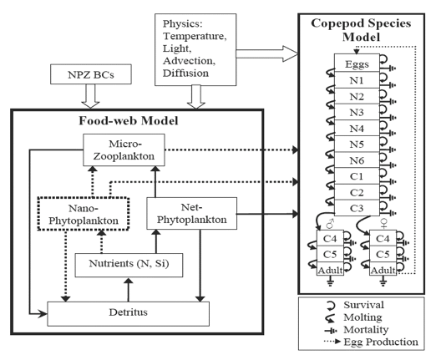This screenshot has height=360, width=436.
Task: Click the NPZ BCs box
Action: point(91,74)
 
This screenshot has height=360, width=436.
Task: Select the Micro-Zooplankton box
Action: point(124,150)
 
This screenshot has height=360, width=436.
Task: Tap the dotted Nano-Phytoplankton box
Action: point(84,214)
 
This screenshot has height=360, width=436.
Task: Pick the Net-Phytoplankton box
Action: point(192,213)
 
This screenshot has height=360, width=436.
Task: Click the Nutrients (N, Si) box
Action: point(129,265)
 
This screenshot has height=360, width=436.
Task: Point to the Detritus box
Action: point(129,313)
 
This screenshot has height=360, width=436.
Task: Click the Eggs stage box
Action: point(357,63)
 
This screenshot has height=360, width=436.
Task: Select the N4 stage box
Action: point(357,129)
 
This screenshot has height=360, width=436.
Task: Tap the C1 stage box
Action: point(357,176)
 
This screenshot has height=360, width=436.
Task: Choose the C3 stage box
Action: point(357,208)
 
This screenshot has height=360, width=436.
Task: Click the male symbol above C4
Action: point(330,223)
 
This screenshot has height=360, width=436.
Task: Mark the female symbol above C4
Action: point(384,223)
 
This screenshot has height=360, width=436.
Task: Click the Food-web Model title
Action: point(129,121)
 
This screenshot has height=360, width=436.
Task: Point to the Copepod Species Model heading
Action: point(361,30)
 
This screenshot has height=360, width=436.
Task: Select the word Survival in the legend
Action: point(363,305)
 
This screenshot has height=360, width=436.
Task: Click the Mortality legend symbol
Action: point(331,331)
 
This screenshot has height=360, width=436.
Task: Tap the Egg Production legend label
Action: point(381,342)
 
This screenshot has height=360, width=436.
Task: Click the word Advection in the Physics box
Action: point(189,61)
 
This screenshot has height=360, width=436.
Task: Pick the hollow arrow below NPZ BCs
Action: point(90,96)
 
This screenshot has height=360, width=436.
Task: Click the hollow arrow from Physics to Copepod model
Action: point(267,53)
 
